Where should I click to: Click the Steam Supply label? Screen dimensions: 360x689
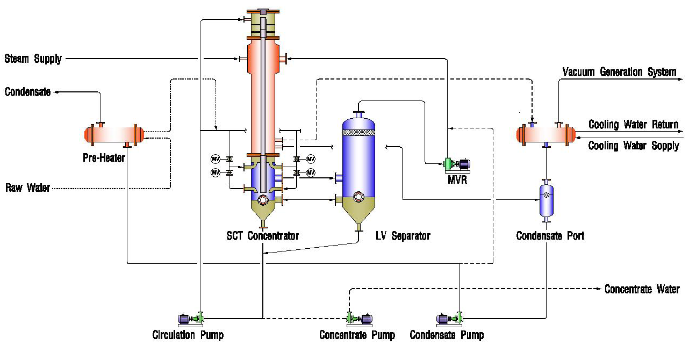coord(33,59)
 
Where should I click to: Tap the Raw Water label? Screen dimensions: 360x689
coord(28,188)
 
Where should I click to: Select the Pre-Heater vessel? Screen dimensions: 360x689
coord(113,134)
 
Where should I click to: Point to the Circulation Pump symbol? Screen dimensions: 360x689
coord(191,318)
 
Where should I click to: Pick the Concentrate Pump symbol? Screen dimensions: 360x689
coord(358,318)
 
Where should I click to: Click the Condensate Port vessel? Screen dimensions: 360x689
coord(547,200)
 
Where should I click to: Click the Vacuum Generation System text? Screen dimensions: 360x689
coord(619,72)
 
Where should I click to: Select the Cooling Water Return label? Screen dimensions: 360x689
coord(633,125)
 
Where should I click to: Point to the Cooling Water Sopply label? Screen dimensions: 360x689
coord(634,146)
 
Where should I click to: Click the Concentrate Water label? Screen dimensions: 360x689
coord(642,289)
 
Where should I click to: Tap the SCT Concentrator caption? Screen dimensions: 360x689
coord(262,235)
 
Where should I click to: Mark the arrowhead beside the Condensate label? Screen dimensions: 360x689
coord(56,92)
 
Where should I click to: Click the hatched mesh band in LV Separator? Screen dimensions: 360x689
coord(358,132)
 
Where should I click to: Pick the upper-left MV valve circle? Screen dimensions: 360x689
coord(216,159)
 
